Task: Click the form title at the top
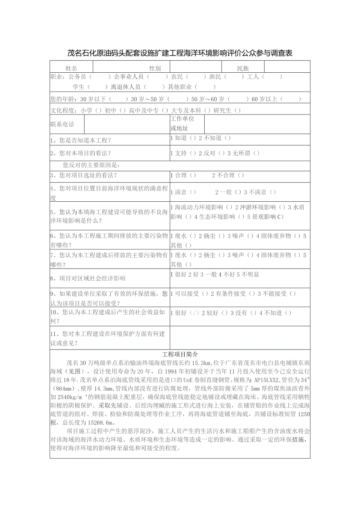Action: [180, 53]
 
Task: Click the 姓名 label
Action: [71, 68]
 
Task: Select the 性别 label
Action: [155, 68]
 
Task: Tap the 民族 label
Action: [243, 68]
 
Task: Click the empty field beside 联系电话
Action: [126, 124]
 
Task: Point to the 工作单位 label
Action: [182, 119]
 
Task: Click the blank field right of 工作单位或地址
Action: [257, 124]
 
